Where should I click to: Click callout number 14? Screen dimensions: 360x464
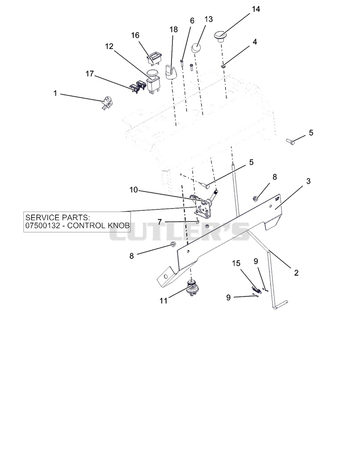tap(256, 9)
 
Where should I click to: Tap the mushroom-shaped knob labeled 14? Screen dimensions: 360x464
tap(220, 36)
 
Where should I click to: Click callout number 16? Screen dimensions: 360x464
tap(135, 35)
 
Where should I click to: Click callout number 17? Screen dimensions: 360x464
tap(90, 74)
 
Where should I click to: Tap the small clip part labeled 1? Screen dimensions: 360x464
tap(107, 103)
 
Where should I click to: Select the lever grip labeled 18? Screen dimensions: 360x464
tap(171, 73)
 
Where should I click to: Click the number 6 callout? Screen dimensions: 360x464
tap(192, 21)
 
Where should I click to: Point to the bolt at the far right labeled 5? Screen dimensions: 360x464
tap(291, 142)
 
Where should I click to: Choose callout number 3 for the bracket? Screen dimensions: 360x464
tap(308, 181)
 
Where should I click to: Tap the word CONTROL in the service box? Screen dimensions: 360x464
tap(88, 226)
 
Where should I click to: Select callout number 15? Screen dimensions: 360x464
tap(236, 264)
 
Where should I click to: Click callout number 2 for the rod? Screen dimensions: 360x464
tap(296, 273)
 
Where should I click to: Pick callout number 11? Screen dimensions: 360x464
tap(163, 300)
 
